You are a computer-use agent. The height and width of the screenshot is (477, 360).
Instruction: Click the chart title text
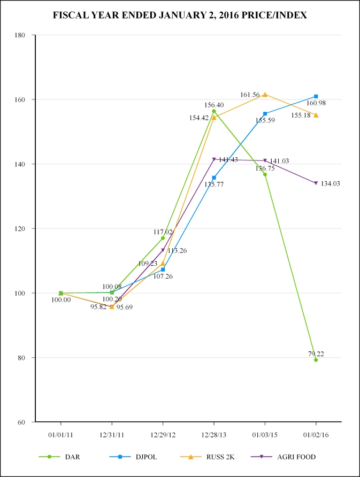[x=180, y=16]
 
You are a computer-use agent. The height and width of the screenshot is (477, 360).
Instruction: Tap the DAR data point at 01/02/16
[x=316, y=360]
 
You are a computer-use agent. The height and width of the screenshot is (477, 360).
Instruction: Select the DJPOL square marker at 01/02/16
[x=316, y=96]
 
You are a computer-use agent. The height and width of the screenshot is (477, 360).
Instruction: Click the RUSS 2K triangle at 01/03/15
[x=265, y=95]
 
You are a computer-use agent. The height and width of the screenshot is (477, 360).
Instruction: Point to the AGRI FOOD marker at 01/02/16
[x=316, y=183]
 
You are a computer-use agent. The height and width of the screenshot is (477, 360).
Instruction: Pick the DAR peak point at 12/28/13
[x=214, y=111]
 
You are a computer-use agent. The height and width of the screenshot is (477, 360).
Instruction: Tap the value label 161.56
[x=250, y=95]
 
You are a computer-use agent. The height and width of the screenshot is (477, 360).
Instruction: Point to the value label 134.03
[x=331, y=183]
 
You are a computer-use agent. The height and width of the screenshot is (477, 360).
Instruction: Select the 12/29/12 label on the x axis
[x=163, y=436]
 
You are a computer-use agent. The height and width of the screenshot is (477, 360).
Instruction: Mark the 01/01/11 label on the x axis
[x=60, y=436]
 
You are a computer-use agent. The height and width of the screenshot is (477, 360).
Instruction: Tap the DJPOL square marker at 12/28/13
[x=214, y=178]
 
